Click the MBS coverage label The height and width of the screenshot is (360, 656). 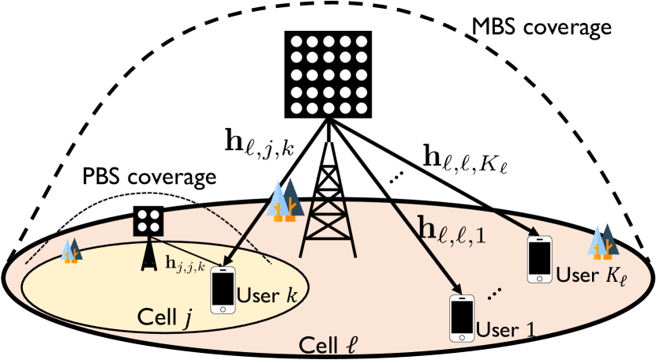click(541, 28)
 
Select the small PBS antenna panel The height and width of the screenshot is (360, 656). click(148, 220)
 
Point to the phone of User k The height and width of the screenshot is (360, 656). click(223, 291)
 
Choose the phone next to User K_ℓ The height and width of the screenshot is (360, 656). click(539, 257)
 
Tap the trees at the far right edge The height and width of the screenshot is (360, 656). click(605, 241)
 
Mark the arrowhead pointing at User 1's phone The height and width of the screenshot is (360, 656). click(456, 289)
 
